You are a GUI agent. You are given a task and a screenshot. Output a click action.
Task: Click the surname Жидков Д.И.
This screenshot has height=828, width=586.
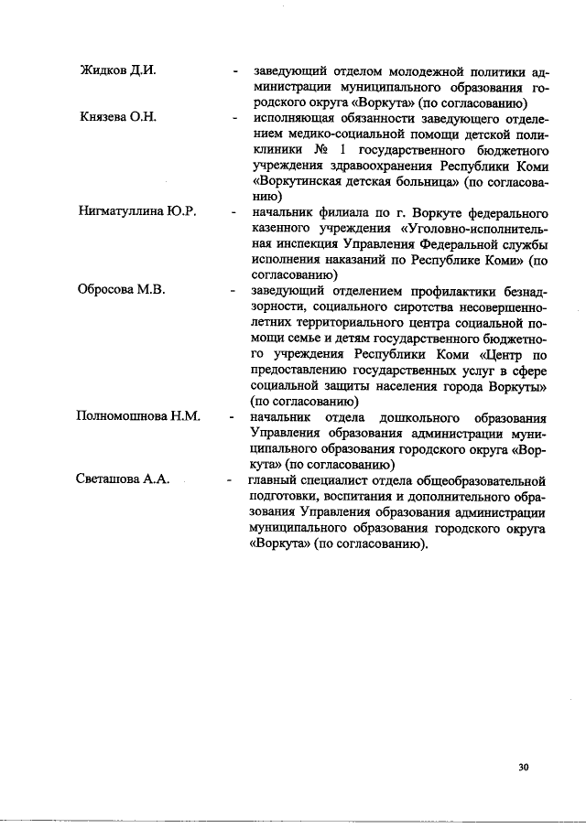click(117, 70)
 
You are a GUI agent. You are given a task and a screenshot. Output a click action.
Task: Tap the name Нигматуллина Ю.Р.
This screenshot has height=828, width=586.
click(136, 211)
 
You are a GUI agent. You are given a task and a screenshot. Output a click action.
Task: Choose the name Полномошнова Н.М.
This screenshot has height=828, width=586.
click(138, 416)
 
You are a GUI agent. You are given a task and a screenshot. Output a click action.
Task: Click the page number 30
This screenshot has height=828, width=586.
click(523, 767)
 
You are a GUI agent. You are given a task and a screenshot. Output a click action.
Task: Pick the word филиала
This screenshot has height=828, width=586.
click(342, 211)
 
